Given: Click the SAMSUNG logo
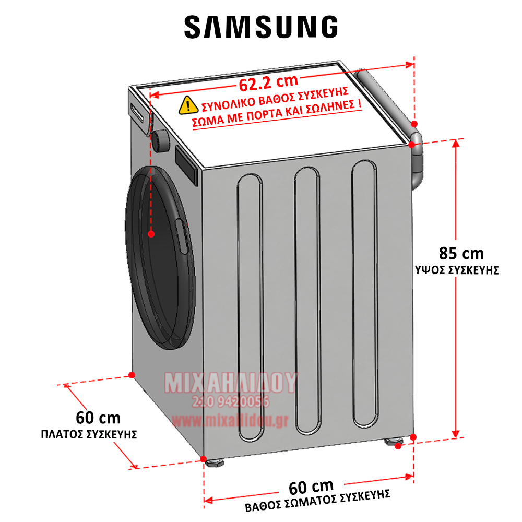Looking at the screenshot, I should (x=261, y=26).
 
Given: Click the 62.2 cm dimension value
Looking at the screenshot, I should (x=269, y=82).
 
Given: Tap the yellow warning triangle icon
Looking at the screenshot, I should (x=186, y=105).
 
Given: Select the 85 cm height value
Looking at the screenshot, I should (x=461, y=254).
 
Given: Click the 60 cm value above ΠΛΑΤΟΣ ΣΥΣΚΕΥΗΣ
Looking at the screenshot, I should (x=98, y=418).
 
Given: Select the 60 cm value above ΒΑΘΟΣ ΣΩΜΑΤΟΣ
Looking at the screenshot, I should (x=311, y=487).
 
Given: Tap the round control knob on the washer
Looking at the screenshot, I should (x=160, y=140).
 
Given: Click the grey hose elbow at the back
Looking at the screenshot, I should (x=418, y=167).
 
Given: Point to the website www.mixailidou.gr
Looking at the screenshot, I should (x=230, y=419).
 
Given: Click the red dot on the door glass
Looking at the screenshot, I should (x=151, y=234).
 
